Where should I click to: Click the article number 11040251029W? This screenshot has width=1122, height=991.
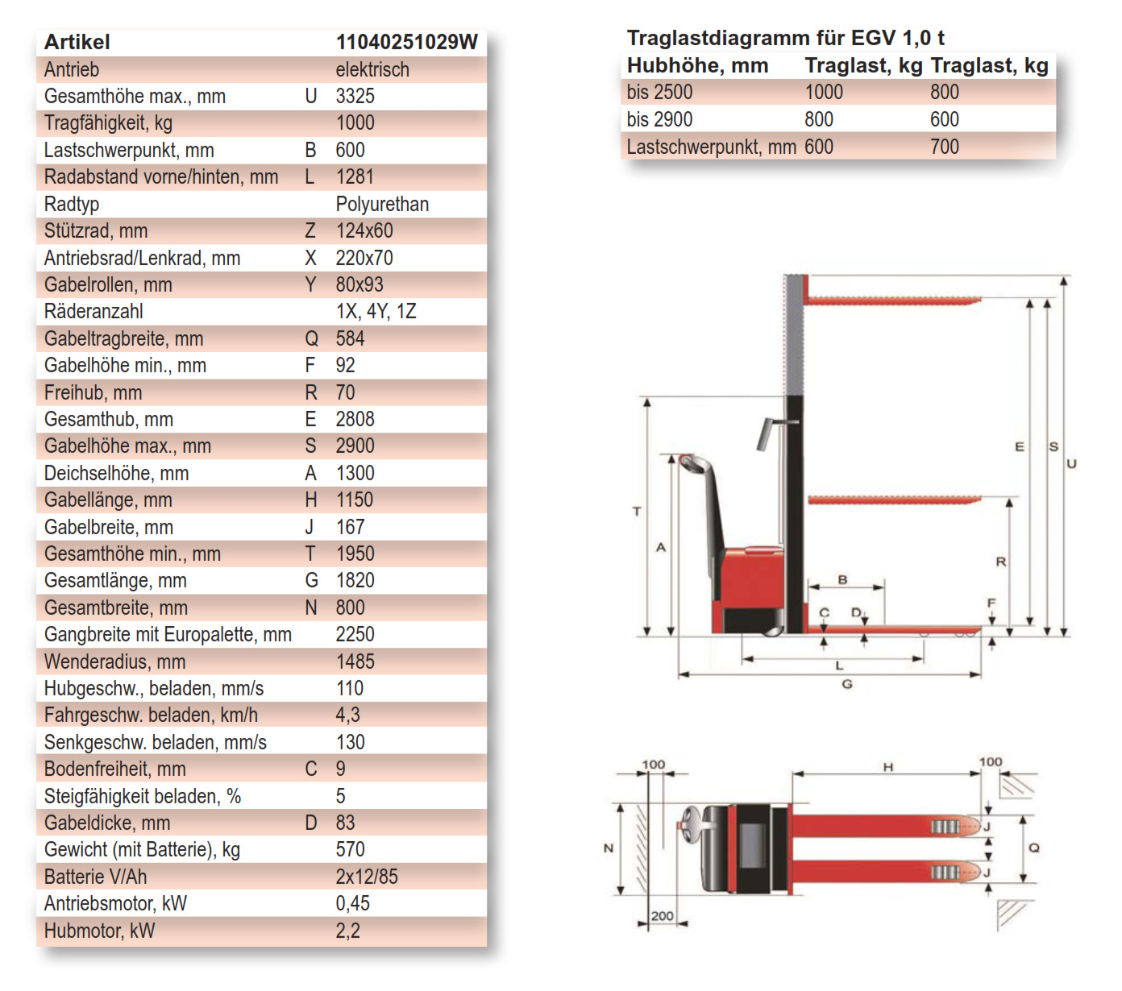pos(406,42)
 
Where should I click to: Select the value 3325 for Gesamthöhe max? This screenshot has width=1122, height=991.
pos(355,96)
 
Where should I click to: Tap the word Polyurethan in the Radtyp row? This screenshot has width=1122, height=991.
pos(382,204)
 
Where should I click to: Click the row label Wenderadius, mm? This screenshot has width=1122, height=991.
pos(114,661)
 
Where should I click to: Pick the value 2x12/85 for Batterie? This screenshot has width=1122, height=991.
pos(367,877)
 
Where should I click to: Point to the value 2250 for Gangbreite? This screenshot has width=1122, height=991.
pos(355,634)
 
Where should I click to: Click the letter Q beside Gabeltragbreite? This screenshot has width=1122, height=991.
pos(311,338)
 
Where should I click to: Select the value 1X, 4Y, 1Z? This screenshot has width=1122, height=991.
pos(376,311)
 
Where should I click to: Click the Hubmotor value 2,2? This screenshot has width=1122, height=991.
pos(347,931)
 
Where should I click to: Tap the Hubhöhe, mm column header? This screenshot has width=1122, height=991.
pos(697,65)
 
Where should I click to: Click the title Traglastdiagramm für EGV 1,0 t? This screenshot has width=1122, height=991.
pos(785,38)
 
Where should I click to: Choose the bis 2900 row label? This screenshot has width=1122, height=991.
pos(659,119)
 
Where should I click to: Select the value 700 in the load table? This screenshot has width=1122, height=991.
pos(944,147)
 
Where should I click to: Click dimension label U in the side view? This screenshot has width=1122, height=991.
pos(1071,463)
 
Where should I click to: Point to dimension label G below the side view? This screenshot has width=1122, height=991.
pos(847,684)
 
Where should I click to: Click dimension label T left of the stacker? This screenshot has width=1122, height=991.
pos(637,511)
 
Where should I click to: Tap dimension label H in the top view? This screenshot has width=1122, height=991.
pos(887,767)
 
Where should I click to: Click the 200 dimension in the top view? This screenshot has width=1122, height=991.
pos(662,916)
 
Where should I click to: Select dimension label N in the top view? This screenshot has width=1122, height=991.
pos(609,848)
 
